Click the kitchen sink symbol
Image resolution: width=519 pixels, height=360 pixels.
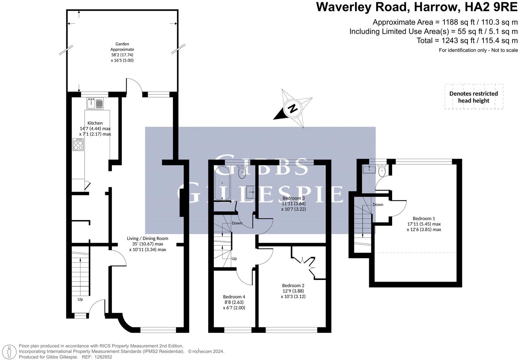pyautogui.click(x=95, y=103)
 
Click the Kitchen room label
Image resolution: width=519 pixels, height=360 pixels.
pyautogui.click(x=95, y=123)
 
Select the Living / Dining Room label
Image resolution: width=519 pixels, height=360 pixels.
pyautogui.click(x=148, y=238)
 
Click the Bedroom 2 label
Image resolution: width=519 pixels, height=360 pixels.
pyautogui.click(x=293, y=285)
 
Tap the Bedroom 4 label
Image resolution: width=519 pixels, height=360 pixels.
pyautogui.click(x=234, y=297)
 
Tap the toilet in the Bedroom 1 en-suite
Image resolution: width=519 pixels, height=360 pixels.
pyautogui.click(x=382, y=171)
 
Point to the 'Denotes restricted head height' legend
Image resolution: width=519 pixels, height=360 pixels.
pyautogui.click(x=474, y=97)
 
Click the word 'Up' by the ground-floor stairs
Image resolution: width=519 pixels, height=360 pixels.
pyautogui.click(x=80, y=299)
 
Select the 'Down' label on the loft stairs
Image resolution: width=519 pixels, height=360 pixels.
pyautogui.click(x=378, y=205)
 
